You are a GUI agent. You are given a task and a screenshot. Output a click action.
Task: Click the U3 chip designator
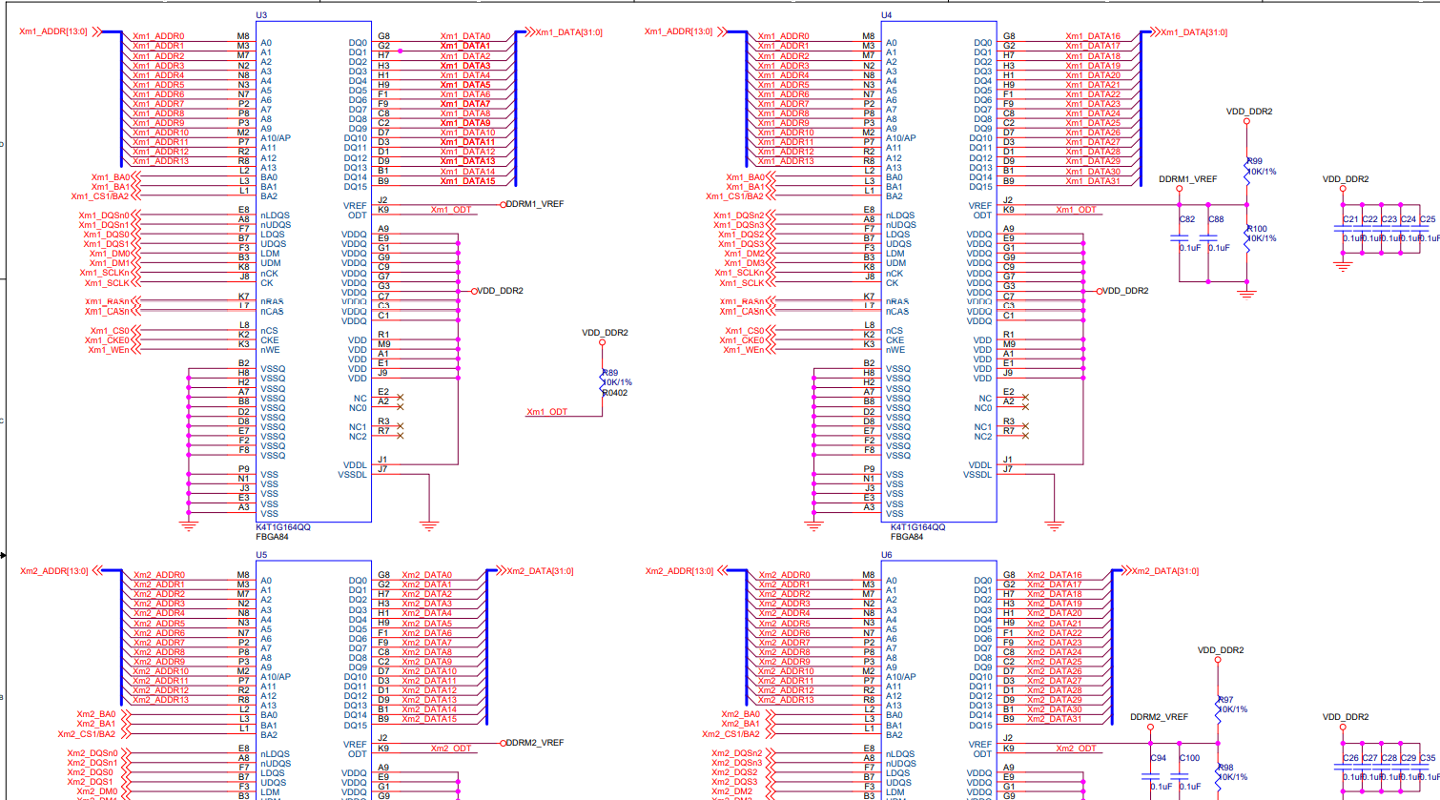[x=261, y=15]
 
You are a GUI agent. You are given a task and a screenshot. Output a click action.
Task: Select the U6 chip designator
[x=886, y=554]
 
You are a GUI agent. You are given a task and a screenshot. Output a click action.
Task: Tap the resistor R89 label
[x=611, y=373]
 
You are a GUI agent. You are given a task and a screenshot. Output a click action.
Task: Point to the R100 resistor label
[x=1258, y=229]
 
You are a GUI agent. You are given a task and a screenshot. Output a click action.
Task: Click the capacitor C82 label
[x=1187, y=219]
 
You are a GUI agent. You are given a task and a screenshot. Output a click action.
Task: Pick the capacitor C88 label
[x=1216, y=219]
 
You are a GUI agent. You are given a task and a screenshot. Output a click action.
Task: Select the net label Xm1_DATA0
[x=465, y=36]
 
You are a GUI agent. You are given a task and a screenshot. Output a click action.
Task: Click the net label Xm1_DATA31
[x=1093, y=181]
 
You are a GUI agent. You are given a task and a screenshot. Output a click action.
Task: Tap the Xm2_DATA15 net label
[x=429, y=719]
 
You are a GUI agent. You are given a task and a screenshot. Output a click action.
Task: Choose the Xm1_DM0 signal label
[x=110, y=254]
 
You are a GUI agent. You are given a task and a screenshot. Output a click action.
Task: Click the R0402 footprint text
[x=615, y=393]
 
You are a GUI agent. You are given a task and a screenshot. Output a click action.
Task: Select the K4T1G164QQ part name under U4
[x=917, y=527]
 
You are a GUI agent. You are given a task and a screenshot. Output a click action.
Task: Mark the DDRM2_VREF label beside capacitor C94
[x=1160, y=717]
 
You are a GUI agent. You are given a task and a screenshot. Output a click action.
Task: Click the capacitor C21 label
[x=1350, y=219]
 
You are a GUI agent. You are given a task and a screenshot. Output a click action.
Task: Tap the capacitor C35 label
[x=1428, y=758]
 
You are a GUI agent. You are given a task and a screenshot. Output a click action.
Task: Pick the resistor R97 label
[x=1226, y=700]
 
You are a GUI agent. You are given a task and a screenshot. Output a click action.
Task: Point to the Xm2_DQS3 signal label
[x=734, y=782]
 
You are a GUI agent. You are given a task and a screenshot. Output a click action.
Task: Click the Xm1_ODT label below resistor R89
[x=546, y=412]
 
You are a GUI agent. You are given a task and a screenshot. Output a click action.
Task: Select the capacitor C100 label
[x=1190, y=758]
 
